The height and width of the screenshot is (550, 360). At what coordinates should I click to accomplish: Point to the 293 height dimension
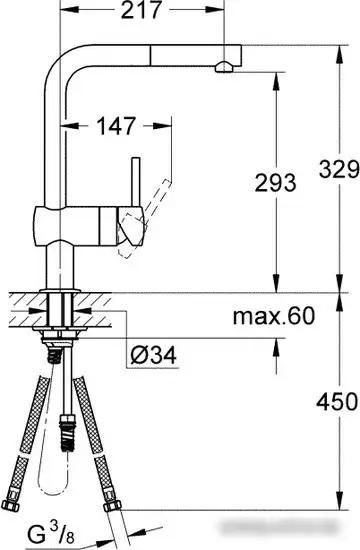pyautogui.click(x=274, y=183)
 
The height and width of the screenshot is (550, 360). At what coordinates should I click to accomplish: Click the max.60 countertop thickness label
pyautogui.click(x=274, y=317)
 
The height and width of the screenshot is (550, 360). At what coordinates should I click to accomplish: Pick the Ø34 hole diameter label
pyautogui.click(x=155, y=354)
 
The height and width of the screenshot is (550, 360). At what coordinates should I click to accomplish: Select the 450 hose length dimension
pyautogui.click(x=336, y=403)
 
